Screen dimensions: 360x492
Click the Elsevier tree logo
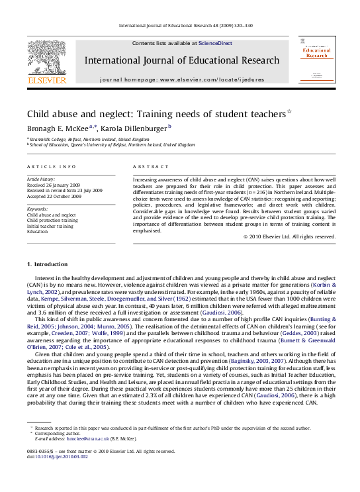tap(46, 57)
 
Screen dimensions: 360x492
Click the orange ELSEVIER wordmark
tap(46, 80)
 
